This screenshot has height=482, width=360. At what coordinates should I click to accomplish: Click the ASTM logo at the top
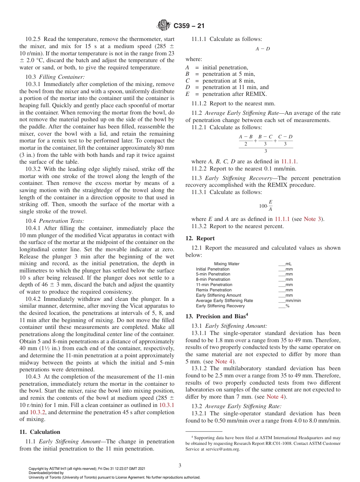pos(164,26)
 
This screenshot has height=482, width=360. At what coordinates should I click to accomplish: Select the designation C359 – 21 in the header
pos(189,26)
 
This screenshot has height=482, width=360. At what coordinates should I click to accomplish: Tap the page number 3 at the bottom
pos(180,465)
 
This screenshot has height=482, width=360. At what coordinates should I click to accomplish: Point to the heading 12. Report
pos(200,238)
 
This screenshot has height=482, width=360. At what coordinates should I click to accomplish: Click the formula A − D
pos(263,49)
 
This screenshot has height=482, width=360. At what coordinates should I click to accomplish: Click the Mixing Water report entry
pos(227,264)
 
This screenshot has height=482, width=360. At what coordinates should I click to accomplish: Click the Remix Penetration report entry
pos(214,290)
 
